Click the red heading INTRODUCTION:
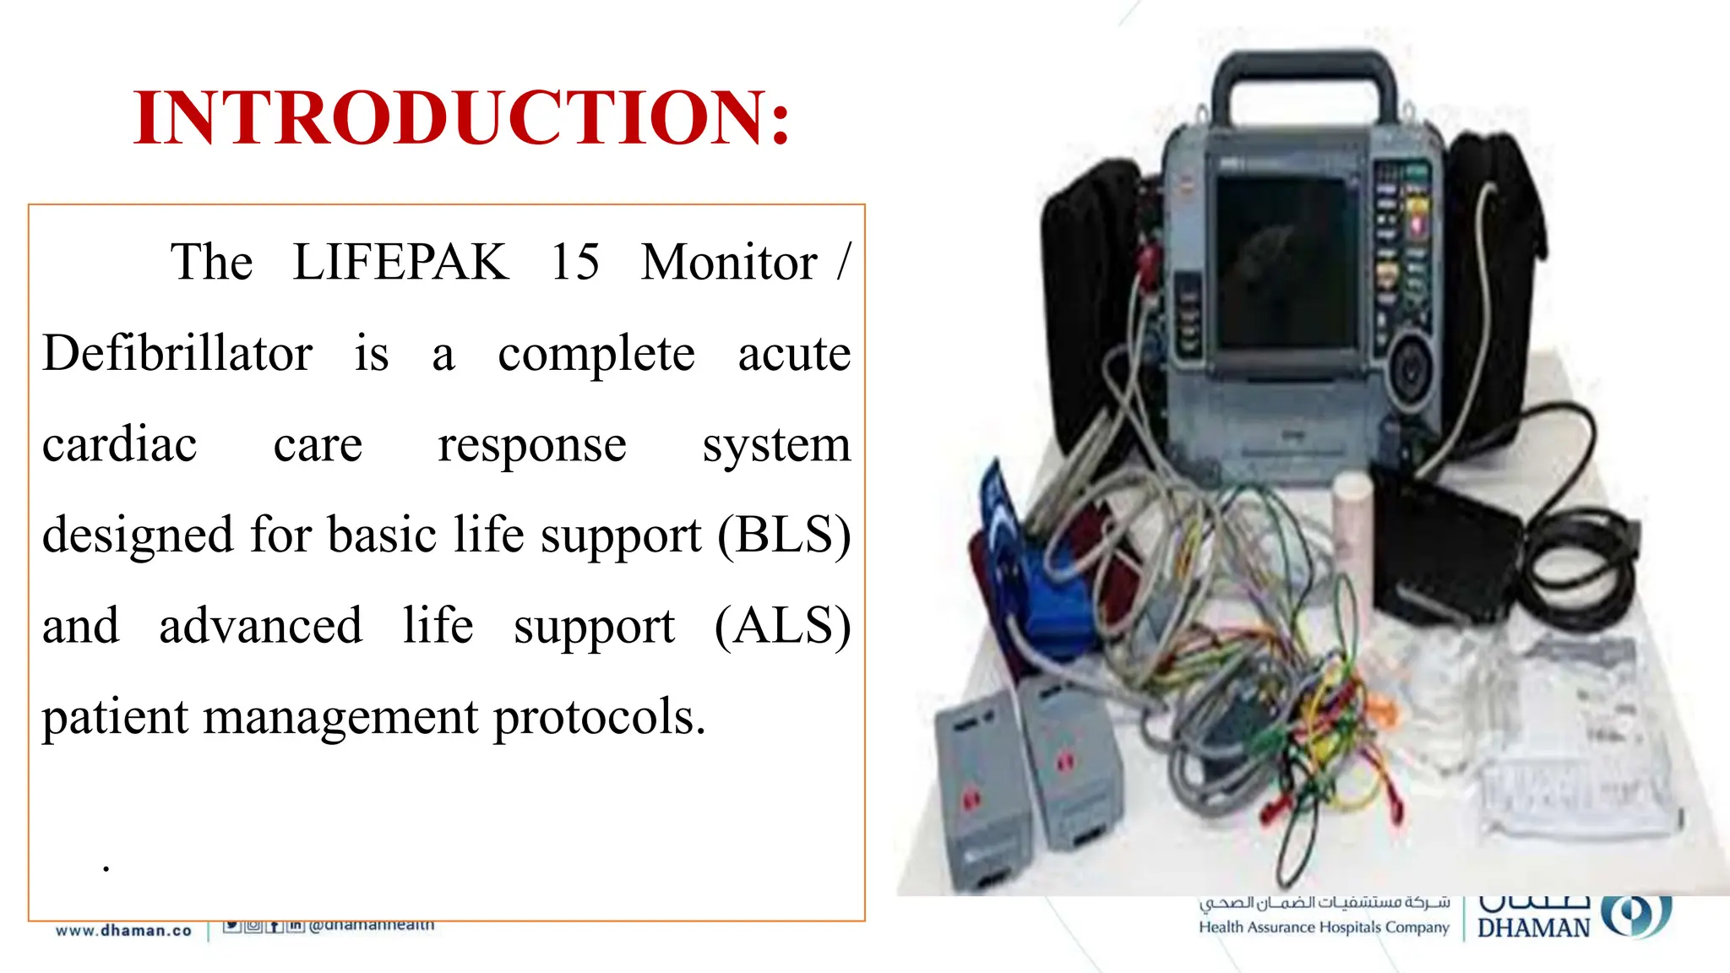[461, 118]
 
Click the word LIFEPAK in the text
[400, 262]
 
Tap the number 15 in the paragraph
[574, 262]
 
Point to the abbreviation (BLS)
[784, 535]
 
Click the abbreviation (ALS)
[782, 626]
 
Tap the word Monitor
[728, 262]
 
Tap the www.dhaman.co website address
[124, 931]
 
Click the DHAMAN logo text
[1533, 928]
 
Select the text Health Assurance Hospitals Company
[1323, 927]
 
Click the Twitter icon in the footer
[231, 926]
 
